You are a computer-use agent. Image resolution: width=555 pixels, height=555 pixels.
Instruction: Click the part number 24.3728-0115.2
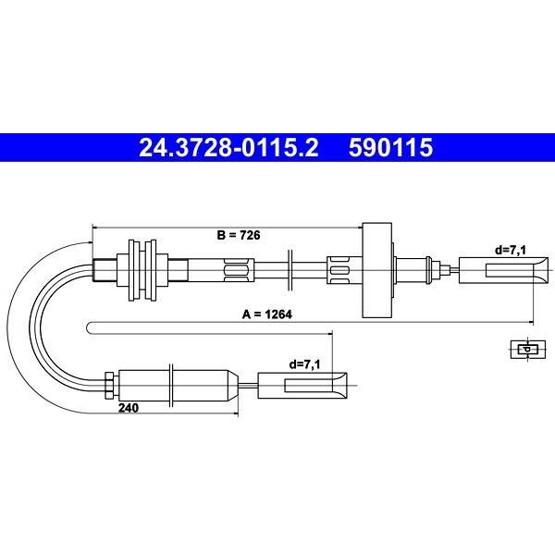(x=228, y=147)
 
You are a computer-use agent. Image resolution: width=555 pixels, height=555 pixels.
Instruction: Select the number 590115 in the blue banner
(x=390, y=147)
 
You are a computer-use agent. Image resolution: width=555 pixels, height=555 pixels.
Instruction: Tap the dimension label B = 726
(x=239, y=235)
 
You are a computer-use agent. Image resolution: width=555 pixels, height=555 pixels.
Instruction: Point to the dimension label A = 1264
(x=267, y=314)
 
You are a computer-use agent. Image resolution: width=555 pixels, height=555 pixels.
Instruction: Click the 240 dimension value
(x=129, y=408)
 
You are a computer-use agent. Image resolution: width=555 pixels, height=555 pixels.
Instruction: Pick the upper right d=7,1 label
(x=511, y=251)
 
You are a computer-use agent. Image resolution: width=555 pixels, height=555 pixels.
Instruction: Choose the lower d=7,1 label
(x=304, y=364)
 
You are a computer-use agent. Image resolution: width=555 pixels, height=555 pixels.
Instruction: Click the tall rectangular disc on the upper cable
(x=377, y=270)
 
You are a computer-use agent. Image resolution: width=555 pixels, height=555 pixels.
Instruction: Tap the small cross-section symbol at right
(x=527, y=350)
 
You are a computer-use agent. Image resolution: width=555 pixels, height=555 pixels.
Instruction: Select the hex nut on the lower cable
(x=109, y=385)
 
